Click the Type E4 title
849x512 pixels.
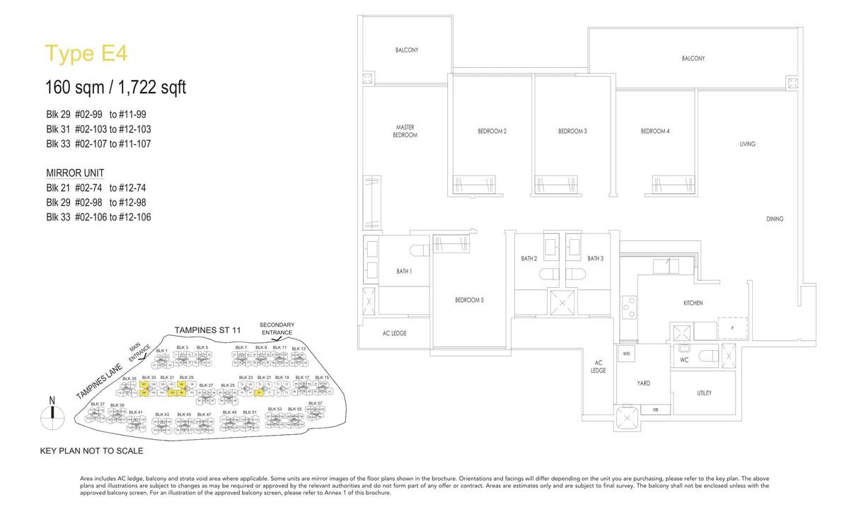(86, 54)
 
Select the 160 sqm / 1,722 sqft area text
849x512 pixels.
(115, 88)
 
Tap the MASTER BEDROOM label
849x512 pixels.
(405, 131)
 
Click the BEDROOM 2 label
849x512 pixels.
(492, 132)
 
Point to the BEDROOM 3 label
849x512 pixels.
(572, 132)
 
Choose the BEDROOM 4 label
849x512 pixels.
(655, 132)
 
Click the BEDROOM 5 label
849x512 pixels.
(469, 300)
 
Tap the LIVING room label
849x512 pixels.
(747, 144)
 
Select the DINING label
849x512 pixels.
(775, 219)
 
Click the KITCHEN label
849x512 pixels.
(693, 303)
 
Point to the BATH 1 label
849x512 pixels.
(404, 272)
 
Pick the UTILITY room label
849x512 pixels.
(704, 393)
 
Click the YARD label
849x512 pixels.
(643, 383)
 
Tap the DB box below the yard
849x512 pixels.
(655, 409)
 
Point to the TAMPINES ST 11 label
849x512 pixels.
(208, 330)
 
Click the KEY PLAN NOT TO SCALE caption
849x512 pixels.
(91, 450)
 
